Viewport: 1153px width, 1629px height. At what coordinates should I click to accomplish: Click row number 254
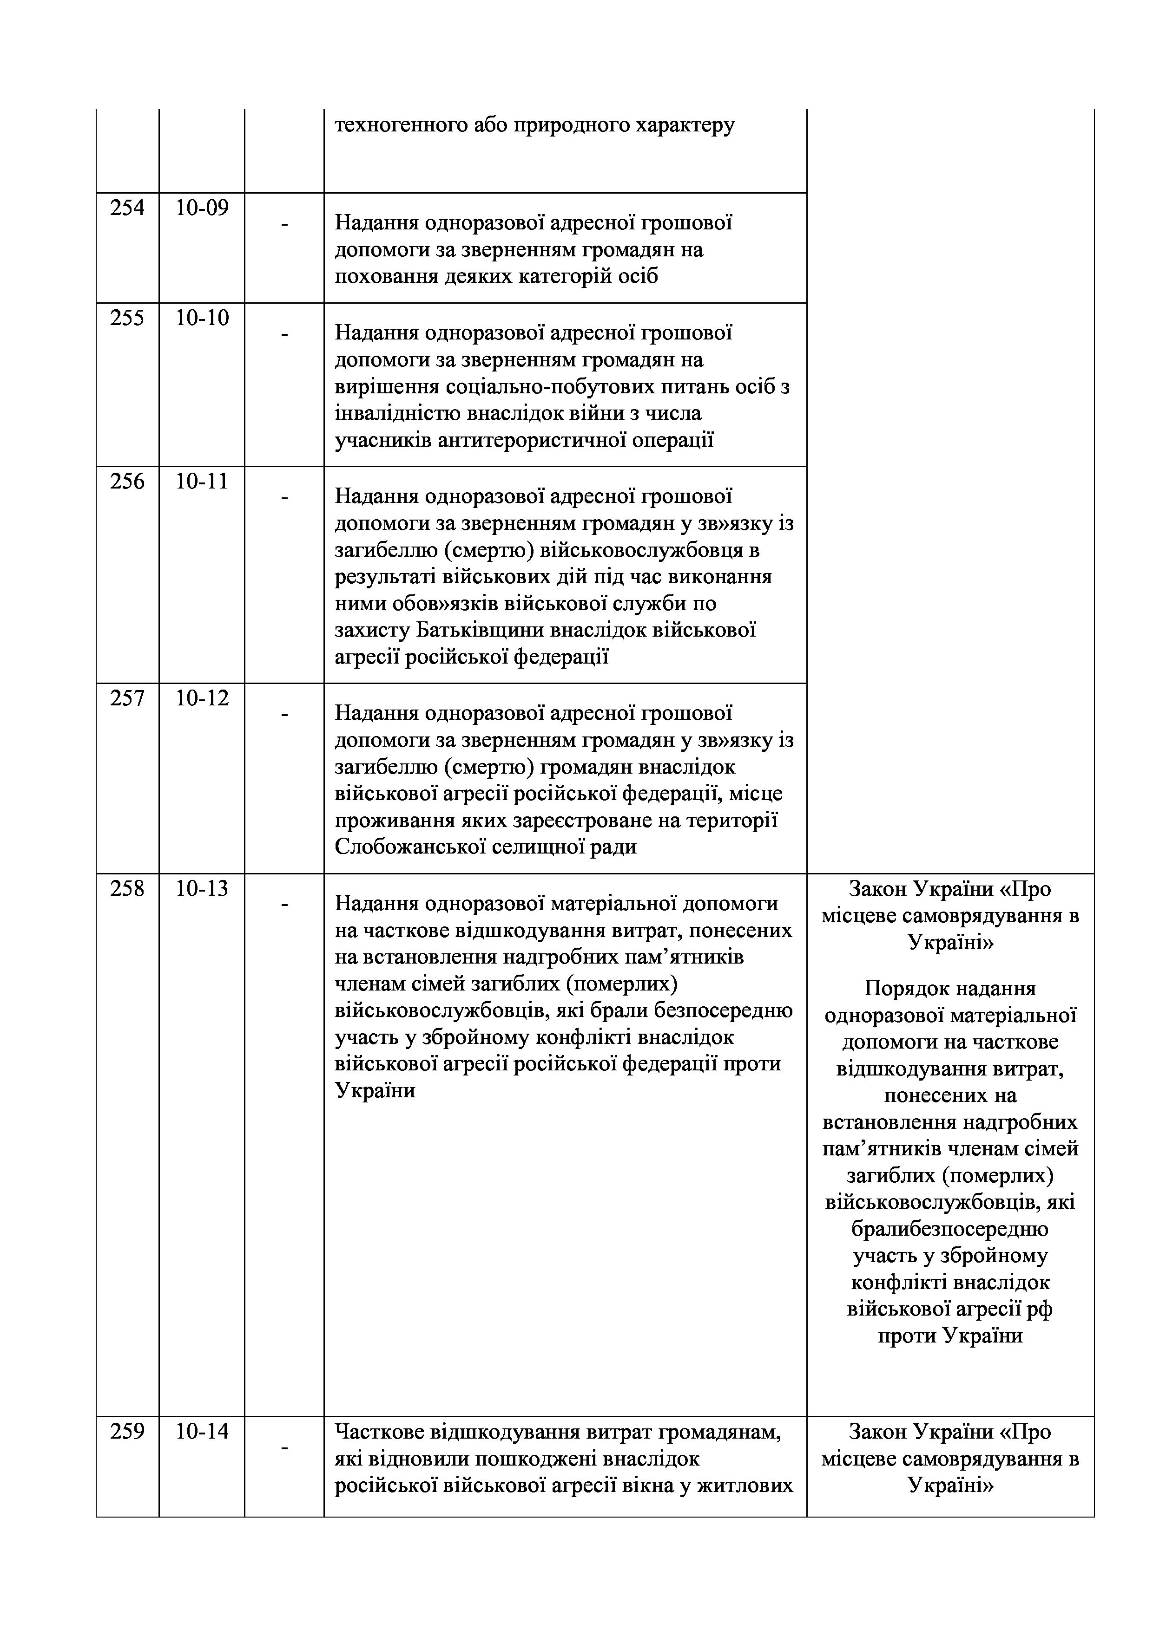(127, 208)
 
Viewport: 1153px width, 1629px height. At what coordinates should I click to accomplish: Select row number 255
(127, 318)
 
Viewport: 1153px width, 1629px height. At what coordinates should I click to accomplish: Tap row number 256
(127, 482)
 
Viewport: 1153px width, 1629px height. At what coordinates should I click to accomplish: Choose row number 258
(127, 889)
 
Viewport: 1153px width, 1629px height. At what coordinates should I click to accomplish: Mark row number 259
(127, 1432)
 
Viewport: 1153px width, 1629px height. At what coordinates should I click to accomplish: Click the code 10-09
(202, 208)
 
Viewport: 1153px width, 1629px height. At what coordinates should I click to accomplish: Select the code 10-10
(202, 318)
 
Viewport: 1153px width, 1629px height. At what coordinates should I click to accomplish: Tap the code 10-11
(202, 482)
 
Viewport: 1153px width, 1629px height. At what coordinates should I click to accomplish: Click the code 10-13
(202, 889)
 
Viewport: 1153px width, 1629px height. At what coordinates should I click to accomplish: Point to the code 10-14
(202, 1432)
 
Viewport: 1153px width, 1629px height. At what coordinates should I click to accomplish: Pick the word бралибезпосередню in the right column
(950, 1229)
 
